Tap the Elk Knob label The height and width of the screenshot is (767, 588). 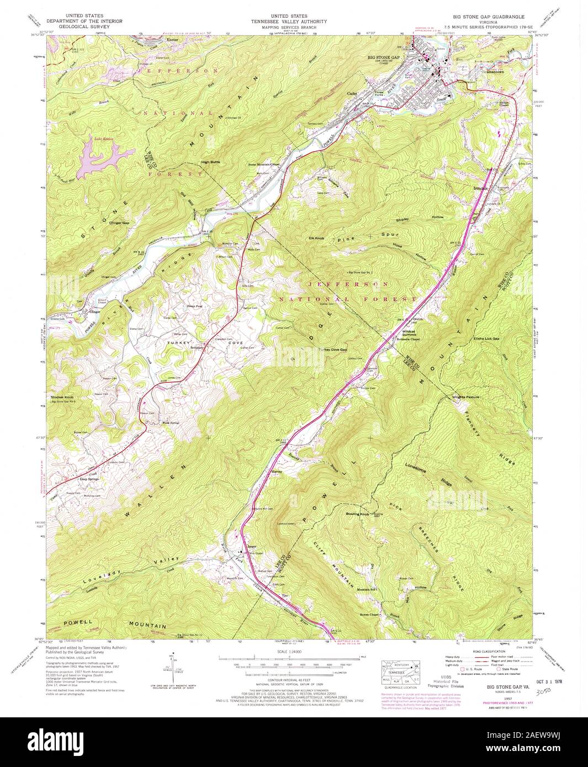click(x=316, y=238)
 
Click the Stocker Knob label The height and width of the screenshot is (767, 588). click(x=62, y=397)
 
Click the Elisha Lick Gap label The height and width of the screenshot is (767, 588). click(x=486, y=339)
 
